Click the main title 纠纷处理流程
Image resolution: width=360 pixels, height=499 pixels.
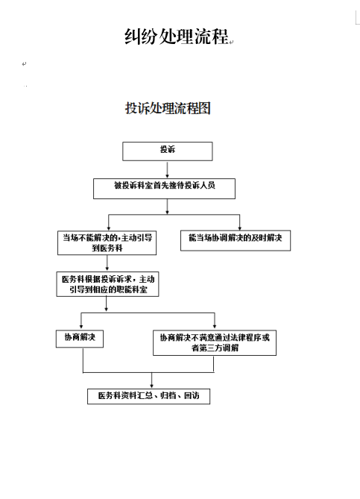(176, 36)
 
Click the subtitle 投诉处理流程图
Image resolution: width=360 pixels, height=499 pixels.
(168, 108)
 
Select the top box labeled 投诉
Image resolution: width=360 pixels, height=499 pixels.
(167, 151)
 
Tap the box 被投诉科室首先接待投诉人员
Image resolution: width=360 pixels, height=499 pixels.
(164, 189)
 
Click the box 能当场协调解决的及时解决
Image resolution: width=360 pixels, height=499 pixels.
(236, 241)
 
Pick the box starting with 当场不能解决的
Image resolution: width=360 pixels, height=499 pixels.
(107, 243)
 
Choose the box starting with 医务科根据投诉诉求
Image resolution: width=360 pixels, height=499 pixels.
(107, 284)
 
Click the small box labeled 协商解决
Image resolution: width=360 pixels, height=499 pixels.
(80, 339)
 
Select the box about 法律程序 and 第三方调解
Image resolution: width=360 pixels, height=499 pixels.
(215, 343)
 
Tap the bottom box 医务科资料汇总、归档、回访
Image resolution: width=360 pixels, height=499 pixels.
(148, 396)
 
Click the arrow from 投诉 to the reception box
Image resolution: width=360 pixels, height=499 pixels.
(167, 169)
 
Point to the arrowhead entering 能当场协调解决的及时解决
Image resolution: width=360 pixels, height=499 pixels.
(239, 228)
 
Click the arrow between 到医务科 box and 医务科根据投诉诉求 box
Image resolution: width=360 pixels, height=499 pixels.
(107, 263)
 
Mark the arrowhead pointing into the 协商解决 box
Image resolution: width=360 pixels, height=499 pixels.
(81, 327)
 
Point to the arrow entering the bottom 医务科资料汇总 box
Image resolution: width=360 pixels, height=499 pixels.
(152, 380)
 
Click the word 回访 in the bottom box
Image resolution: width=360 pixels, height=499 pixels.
(192, 395)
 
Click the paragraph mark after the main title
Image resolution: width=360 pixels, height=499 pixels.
(231, 42)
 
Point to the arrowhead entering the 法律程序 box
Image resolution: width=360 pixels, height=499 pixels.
(215, 327)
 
